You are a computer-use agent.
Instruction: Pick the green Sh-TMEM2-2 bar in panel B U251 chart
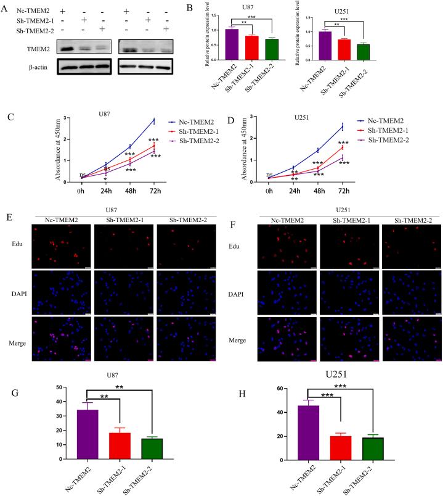click(x=363, y=52)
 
